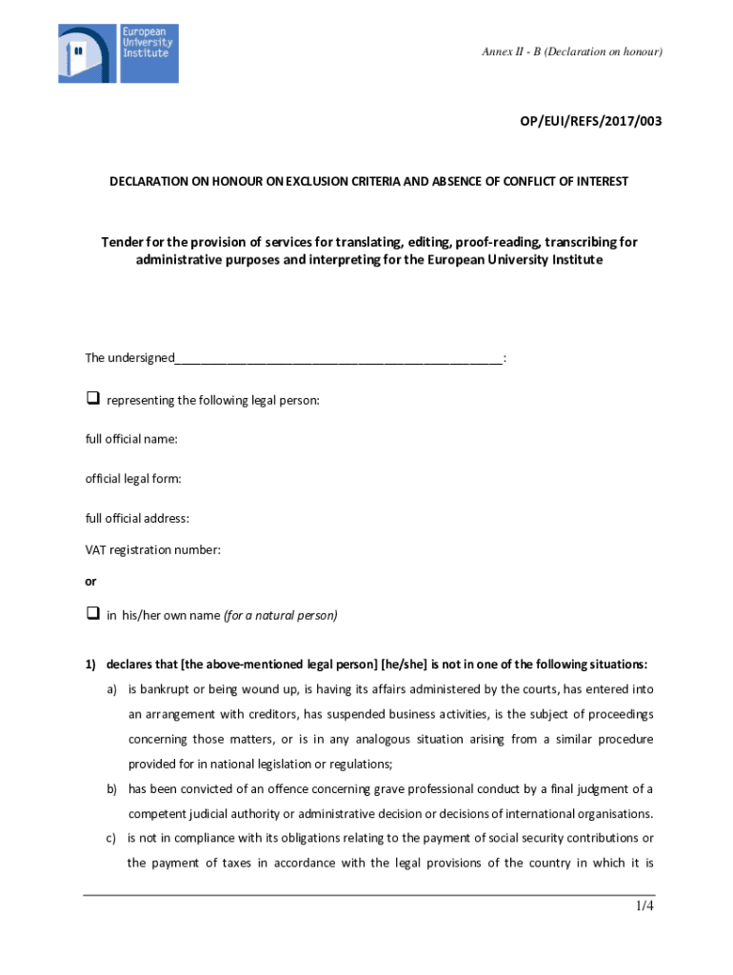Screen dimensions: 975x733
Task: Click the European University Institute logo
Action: click(x=117, y=53)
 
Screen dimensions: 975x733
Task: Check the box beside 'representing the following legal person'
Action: click(x=93, y=399)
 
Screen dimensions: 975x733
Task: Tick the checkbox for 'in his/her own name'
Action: click(x=93, y=614)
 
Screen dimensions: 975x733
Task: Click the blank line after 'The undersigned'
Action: click(x=338, y=359)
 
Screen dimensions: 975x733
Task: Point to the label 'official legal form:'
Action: click(x=133, y=478)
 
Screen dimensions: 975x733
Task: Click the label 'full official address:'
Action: click(x=137, y=518)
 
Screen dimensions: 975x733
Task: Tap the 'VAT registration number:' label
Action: click(x=153, y=549)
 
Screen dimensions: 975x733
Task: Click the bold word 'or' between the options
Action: click(x=90, y=581)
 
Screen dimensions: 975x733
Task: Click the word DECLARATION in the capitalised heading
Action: click(x=149, y=181)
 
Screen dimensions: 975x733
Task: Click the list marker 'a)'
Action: click(x=112, y=689)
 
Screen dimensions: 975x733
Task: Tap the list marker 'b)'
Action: click(x=112, y=788)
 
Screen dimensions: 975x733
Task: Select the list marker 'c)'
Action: click(x=111, y=838)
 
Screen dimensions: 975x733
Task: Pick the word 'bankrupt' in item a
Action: click(x=165, y=689)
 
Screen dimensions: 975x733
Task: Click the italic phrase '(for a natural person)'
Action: click(x=281, y=615)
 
